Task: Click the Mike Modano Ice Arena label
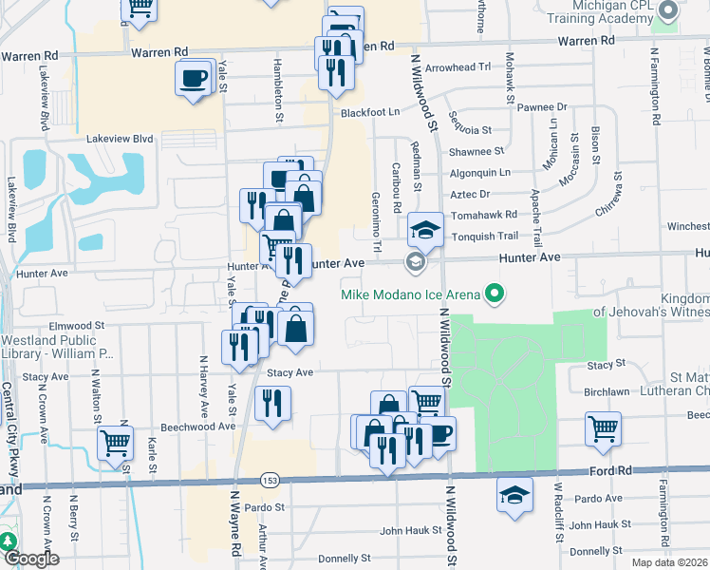coord(411,294)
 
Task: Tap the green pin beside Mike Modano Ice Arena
coord(493,294)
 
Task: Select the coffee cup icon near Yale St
coord(194,77)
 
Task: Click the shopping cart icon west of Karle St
coord(115,442)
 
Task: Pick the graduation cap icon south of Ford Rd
coord(514,495)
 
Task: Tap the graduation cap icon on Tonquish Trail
coord(426,229)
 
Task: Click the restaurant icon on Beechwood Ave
coord(273,404)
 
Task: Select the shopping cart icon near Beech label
coord(603,428)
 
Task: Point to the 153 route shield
coord(271,479)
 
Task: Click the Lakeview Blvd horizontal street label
coord(120,139)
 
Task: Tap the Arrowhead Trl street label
coord(458,67)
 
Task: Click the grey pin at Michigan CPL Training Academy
coord(667,10)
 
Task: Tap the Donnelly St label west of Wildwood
coord(344,560)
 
